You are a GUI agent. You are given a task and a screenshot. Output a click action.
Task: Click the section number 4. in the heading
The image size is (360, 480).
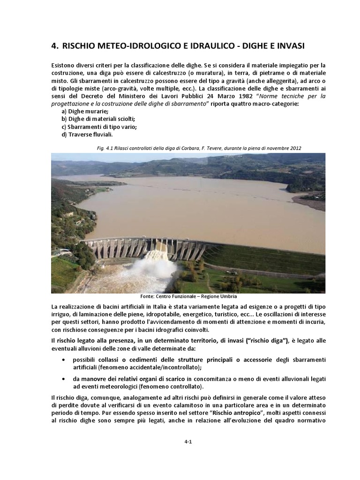[x=55, y=46]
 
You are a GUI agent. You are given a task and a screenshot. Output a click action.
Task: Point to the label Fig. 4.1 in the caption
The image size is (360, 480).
[x=104, y=148]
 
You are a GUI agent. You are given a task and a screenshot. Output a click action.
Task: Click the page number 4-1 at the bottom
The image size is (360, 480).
[x=188, y=447]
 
